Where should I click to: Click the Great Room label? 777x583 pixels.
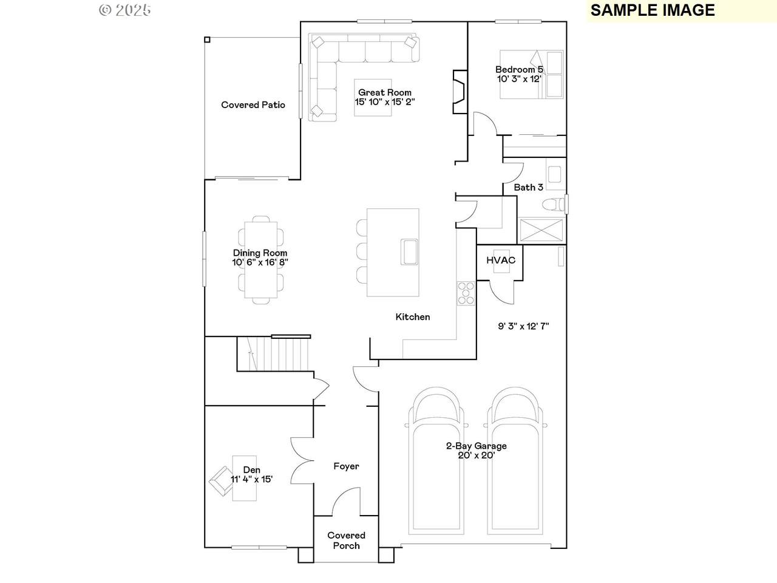(385, 92)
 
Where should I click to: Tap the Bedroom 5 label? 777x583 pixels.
(519, 69)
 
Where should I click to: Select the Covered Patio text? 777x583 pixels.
(253, 105)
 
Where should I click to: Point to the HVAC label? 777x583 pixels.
(501, 260)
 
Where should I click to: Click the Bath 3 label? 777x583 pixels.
(529, 187)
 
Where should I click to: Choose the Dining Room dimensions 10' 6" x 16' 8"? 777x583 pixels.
(260, 262)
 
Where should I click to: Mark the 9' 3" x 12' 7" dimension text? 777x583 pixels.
(523, 326)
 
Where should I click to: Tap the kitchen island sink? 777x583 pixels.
(409, 251)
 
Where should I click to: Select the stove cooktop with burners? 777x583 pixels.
(466, 293)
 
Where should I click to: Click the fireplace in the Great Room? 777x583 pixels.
(460, 92)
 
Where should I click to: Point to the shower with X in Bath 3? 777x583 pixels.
(540, 230)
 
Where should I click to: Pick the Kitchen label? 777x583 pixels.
(413, 317)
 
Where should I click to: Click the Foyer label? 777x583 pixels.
(346, 466)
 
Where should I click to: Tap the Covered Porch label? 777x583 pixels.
(346, 540)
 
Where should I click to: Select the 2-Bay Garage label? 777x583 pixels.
(476, 446)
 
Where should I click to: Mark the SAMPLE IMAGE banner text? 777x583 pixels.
(653, 10)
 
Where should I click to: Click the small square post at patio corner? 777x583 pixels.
(208, 39)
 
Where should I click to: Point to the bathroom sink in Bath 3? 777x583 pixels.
(554, 174)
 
